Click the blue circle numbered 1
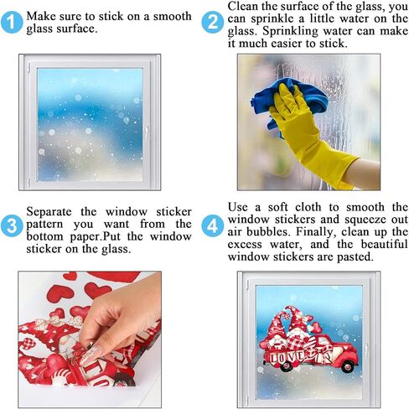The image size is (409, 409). point(12,23)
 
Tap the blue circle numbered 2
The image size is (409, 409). point(213,23)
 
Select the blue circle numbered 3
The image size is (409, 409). point(12,225)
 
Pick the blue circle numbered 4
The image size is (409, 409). point(213,225)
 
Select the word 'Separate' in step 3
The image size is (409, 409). point(49,212)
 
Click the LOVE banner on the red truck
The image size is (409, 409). point(291,358)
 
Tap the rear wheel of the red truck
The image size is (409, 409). point(287,366)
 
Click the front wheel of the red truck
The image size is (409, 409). point(347,366)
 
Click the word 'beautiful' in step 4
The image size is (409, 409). point(385,245)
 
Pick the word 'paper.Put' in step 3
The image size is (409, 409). point(95,237)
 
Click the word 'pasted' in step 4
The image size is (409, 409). point(355,257)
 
